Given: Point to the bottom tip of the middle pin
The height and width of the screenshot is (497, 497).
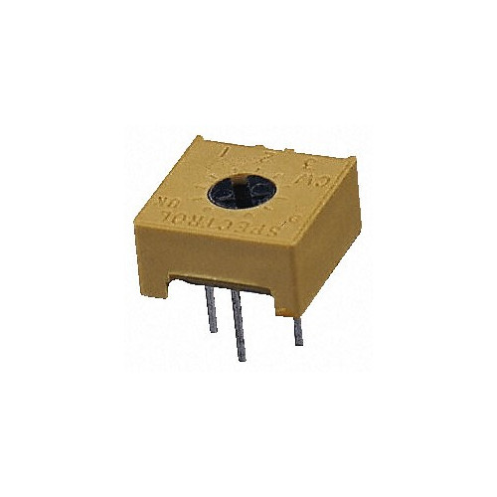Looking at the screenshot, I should pyautogui.click(x=239, y=359).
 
